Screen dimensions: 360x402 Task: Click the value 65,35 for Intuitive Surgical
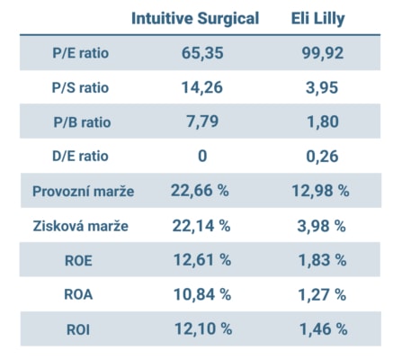tap(201, 53)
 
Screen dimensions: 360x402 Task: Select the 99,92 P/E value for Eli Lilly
tap(322, 53)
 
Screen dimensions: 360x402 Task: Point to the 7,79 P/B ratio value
tap(201, 121)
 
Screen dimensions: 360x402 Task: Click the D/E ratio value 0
tap(202, 157)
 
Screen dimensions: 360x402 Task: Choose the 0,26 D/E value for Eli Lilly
tap(322, 157)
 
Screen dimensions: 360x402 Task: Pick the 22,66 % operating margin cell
tap(201, 191)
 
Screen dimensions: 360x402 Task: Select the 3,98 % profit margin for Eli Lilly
tap(322, 226)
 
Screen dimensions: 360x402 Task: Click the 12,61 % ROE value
tap(201, 260)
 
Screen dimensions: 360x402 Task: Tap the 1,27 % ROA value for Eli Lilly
tap(322, 294)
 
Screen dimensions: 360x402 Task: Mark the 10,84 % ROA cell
tap(201, 294)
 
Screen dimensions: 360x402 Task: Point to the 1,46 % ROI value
tap(322, 328)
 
